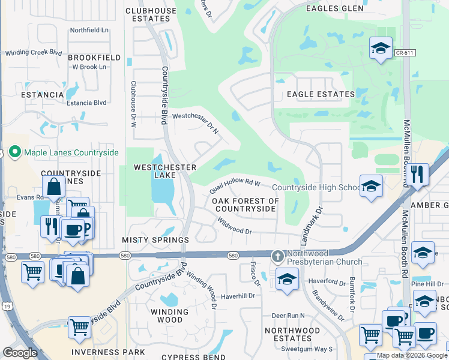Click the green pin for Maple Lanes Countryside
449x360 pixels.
pyautogui.click(x=15, y=153)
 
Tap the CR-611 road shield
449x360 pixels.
pyautogui.click(x=405, y=53)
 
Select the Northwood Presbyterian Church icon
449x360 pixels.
pyautogui.click(x=277, y=256)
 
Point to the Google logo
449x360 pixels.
pyautogui.click(x=20, y=353)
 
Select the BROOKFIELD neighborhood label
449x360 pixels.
pyautogui.click(x=95, y=58)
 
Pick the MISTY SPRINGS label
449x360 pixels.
pyautogui.click(x=155, y=240)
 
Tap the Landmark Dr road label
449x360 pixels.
pyautogui.click(x=319, y=220)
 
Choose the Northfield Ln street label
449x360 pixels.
pyautogui.click(x=89, y=30)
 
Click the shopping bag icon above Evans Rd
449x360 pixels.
pyautogui.click(x=53, y=187)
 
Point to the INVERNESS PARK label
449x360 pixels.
pyautogui.click(x=108, y=352)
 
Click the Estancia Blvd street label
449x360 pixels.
pyautogui.click(x=87, y=103)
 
